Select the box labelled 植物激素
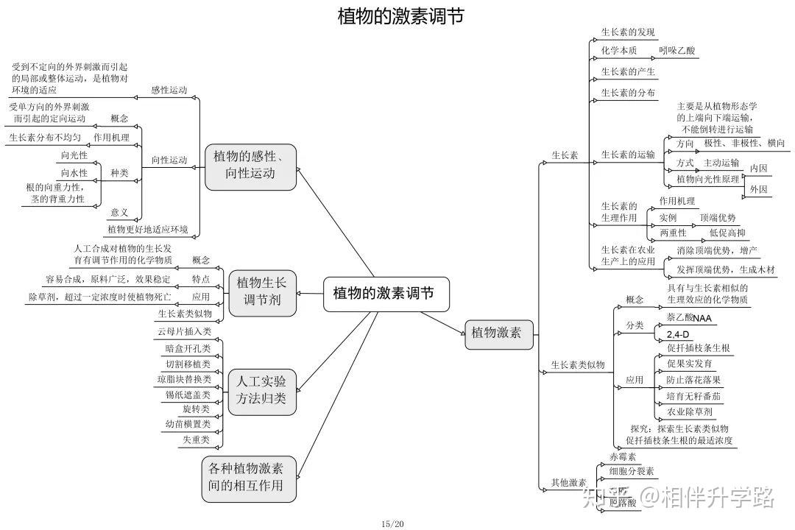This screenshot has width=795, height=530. click(498, 333)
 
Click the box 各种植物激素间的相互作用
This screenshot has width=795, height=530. click(250, 478)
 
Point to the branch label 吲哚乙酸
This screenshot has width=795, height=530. click(676, 51)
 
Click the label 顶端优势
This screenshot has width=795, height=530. click(717, 218)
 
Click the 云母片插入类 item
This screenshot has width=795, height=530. click(184, 332)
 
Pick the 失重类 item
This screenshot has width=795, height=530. click(196, 439)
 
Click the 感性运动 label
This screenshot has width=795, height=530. click(169, 91)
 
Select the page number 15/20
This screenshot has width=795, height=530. click(392, 523)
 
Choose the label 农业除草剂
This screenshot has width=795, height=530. click(689, 411)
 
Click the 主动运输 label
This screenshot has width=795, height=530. click(721, 163)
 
